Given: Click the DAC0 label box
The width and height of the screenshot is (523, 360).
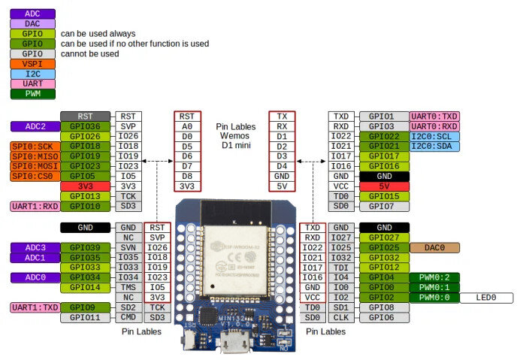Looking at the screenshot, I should click(x=434, y=247).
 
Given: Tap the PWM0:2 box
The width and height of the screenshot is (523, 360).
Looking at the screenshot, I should click(x=434, y=277).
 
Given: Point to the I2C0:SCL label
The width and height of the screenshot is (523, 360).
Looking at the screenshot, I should click(x=434, y=136).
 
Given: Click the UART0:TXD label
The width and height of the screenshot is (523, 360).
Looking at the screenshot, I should click(x=434, y=116).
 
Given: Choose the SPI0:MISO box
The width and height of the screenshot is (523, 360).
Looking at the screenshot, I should click(x=34, y=156).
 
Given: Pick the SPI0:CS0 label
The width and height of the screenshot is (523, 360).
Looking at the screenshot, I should click(x=34, y=176).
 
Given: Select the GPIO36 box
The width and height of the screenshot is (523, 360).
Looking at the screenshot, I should click(x=85, y=126).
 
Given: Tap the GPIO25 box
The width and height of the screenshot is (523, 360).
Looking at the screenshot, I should click(x=384, y=247).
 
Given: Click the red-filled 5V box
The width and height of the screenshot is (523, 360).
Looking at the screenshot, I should click(x=384, y=186).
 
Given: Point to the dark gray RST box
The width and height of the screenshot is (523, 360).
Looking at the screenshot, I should click(x=85, y=116).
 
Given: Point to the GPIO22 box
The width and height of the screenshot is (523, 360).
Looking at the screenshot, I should click(x=384, y=136).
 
